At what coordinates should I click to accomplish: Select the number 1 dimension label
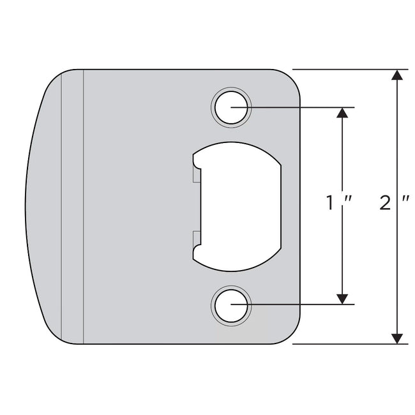click(x=330, y=204)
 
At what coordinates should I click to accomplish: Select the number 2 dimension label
click(x=384, y=204)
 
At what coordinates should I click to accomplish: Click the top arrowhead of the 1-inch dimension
click(x=343, y=112)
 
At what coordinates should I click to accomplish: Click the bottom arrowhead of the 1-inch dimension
click(x=343, y=298)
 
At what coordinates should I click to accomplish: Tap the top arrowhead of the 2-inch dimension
click(x=397, y=75)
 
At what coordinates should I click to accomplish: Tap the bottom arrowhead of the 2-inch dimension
click(x=397, y=338)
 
